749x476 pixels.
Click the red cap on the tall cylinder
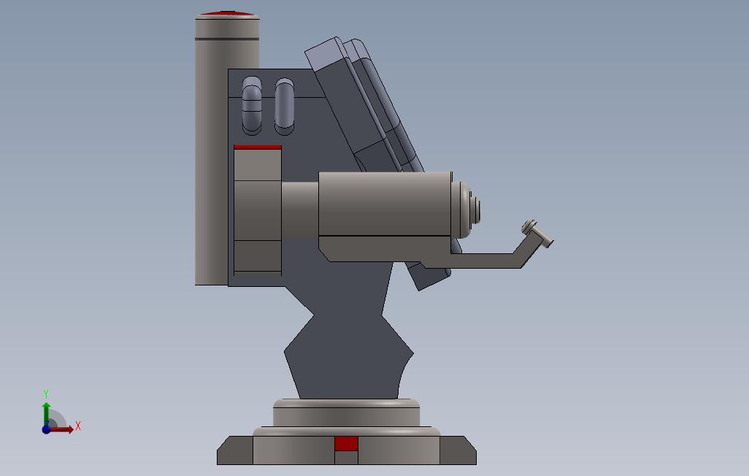pos(228,13)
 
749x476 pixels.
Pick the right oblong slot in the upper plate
pos(284,106)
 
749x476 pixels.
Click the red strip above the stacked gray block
pos(257,147)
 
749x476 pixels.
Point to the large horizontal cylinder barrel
pos(385,204)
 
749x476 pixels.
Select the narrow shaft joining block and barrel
pos(299,210)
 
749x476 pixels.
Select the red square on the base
pos(346,443)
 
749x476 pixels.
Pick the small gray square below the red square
pos(346,458)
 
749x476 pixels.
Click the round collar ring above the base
pos(346,412)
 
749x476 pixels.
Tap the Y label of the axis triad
pos(46,394)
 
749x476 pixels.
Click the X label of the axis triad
pos(78,426)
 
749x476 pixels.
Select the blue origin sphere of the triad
pos(46,429)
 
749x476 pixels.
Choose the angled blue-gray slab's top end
pos(325,51)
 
